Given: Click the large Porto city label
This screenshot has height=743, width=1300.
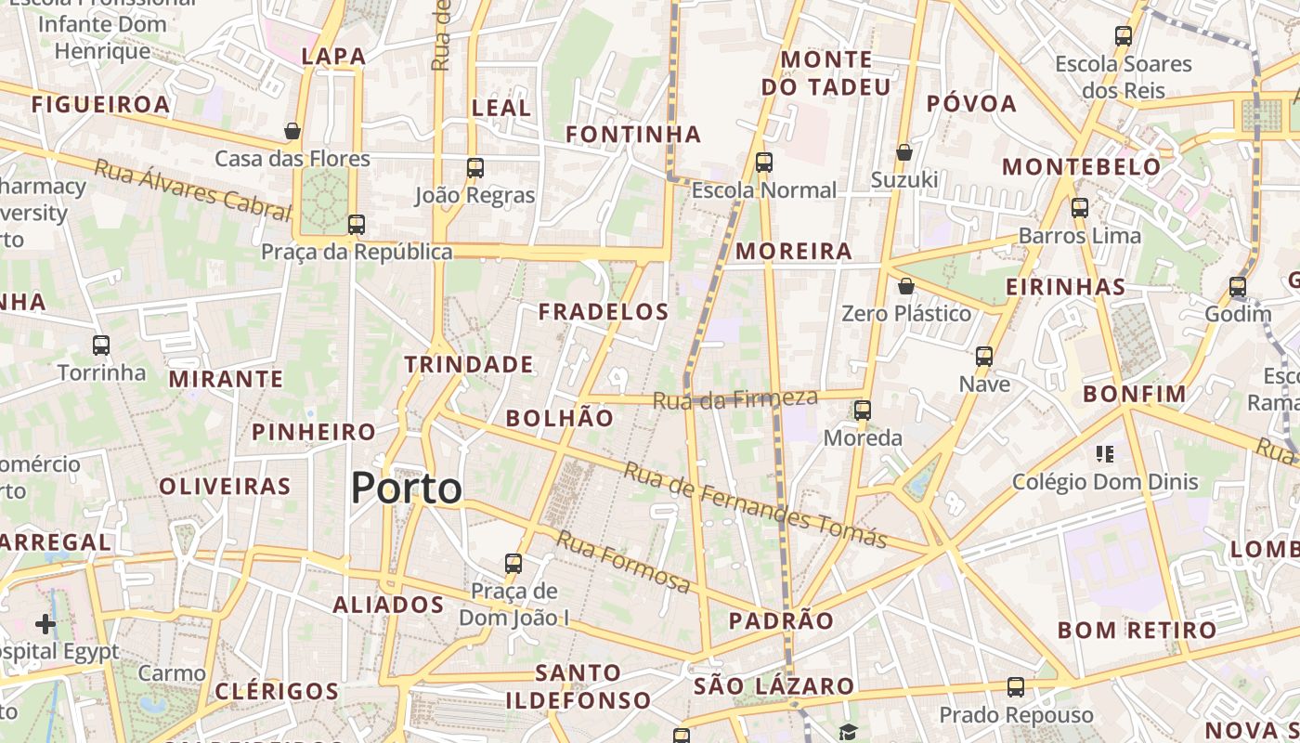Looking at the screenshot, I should (x=407, y=489).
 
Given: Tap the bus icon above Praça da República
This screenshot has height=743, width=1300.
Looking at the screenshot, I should (x=357, y=224).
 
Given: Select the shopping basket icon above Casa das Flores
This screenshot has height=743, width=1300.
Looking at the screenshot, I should (x=292, y=131).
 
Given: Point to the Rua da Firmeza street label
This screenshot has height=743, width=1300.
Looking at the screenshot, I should (x=735, y=399).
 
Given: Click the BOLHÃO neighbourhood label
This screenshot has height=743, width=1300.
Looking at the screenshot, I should (x=560, y=418).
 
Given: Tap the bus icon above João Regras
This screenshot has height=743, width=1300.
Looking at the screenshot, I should (x=475, y=168).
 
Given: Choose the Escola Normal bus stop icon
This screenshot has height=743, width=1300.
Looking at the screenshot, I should (x=764, y=163).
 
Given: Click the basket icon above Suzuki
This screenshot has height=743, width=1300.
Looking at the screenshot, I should (x=904, y=152).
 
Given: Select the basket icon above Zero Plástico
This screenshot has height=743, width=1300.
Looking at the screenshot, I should (x=906, y=286).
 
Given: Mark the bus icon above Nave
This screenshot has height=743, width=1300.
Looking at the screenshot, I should (x=984, y=357).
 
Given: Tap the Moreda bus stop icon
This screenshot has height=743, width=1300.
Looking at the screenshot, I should (x=863, y=410).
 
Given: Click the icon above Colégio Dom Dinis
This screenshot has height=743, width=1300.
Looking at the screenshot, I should (x=1105, y=454).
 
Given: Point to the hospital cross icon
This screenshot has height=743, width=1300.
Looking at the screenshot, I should (x=45, y=624).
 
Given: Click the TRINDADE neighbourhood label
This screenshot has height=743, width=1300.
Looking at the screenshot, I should (x=469, y=364).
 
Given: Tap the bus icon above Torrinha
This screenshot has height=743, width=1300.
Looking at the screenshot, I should (x=101, y=345).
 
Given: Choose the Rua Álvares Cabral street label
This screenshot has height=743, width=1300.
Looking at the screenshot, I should (x=193, y=189).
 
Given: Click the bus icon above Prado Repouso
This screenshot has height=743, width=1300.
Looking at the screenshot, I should (x=1016, y=688).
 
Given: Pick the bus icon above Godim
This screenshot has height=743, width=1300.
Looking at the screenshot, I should (x=1238, y=287).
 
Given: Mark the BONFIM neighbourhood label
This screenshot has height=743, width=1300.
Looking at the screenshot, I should (x=1135, y=394).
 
